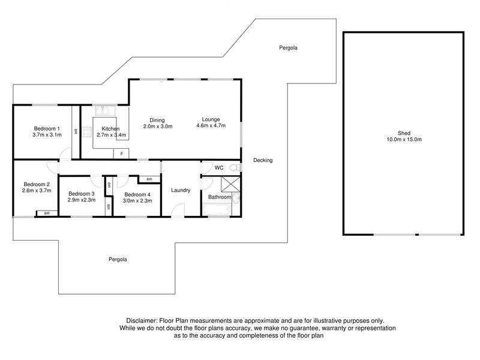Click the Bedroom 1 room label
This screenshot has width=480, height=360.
(47, 128)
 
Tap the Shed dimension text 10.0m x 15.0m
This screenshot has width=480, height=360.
(404, 139)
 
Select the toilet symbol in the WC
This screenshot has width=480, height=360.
(235, 167)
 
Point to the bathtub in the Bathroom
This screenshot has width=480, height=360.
(216, 210)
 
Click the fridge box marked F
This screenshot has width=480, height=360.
(121, 154)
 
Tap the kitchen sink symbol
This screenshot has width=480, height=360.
(104, 110)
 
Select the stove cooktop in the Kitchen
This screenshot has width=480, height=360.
(86, 132)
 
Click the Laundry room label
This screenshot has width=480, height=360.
(181, 190)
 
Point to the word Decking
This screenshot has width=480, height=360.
(263, 160)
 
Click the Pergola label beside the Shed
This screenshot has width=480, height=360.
(289, 48)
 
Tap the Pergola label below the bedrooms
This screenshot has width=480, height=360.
(118, 259)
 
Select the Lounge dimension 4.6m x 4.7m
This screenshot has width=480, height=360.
(211, 125)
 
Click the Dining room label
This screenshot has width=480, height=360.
(157, 120)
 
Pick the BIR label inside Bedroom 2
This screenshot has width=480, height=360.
(47, 213)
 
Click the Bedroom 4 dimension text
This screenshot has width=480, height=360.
(137, 201)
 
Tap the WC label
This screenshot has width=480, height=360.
(219, 168)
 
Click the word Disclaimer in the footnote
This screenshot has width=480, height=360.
(142, 321)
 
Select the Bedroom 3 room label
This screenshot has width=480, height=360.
(82, 194)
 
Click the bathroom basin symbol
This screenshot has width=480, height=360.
(236, 199)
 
